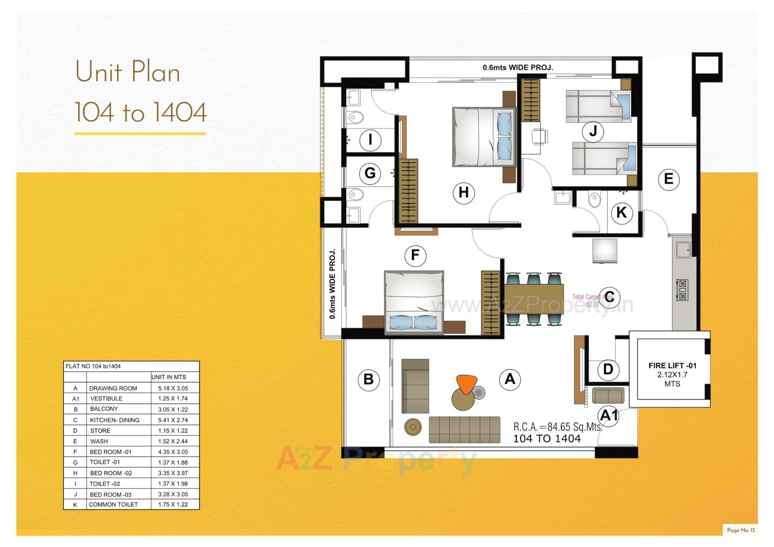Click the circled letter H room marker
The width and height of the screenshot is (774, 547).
pyautogui.click(x=464, y=193)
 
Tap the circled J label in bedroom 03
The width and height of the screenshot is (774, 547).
pyautogui.click(x=593, y=131)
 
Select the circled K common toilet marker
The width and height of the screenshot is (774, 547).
pyautogui.click(x=621, y=212)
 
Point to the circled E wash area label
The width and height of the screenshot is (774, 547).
pyautogui.click(x=668, y=179)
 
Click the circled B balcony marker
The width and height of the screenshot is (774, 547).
pyautogui.click(x=368, y=379)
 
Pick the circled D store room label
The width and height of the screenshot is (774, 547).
pyautogui.click(x=608, y=369)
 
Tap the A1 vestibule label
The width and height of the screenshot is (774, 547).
pyautogui.click(x=609, y=415)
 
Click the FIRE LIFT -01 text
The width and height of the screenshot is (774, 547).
pyautogui.click(x=672, y=366)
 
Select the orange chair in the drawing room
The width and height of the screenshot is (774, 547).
pyautogui.click(x=466, y=383)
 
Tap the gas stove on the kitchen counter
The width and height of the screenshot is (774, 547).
pyautogui.click(x=682, y=290)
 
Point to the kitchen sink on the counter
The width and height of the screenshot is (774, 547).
pyautogui.click(x=683, y=250)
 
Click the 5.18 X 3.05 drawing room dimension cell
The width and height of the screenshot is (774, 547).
pyautogui.click(x=173, y=388)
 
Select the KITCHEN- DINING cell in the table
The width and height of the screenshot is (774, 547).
pyautogui.click(x=114, y=420)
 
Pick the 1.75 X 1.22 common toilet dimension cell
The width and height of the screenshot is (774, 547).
pyautogui.click(x=173, y=504)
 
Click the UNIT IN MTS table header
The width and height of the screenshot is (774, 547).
pyautogui.click(x=169, y=377)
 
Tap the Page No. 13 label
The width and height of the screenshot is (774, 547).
pyautogui.click(x=741, y=530)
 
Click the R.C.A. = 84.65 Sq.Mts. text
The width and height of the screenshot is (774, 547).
pyautogui.click(x=558, y=427)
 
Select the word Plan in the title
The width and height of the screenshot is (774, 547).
pyautogui.click(x=155, y=73)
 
